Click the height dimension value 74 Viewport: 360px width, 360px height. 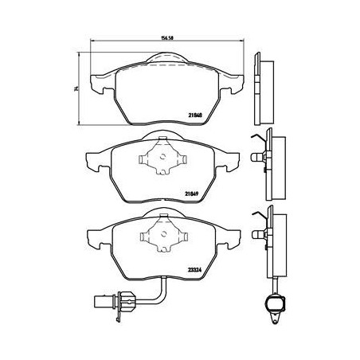click(76, 88)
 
